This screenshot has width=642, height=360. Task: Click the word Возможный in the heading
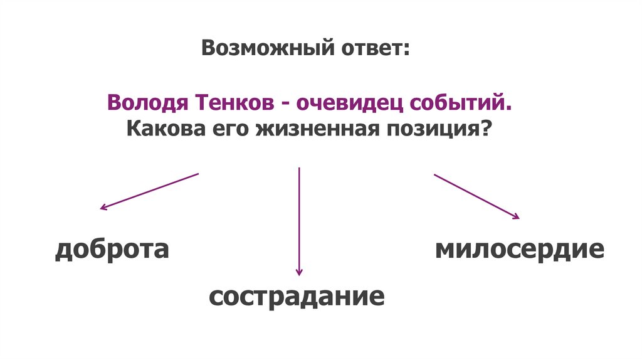(264, 48)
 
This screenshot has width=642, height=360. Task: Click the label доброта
(112, 250)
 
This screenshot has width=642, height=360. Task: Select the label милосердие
(520, 250)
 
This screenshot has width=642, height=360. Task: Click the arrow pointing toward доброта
(149, 191)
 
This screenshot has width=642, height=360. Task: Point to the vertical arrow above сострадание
(300, 220)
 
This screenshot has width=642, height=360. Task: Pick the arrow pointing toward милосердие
(476, 196)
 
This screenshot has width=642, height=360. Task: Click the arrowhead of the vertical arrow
(300, 272)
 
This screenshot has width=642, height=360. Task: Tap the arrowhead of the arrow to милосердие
(516, 216)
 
